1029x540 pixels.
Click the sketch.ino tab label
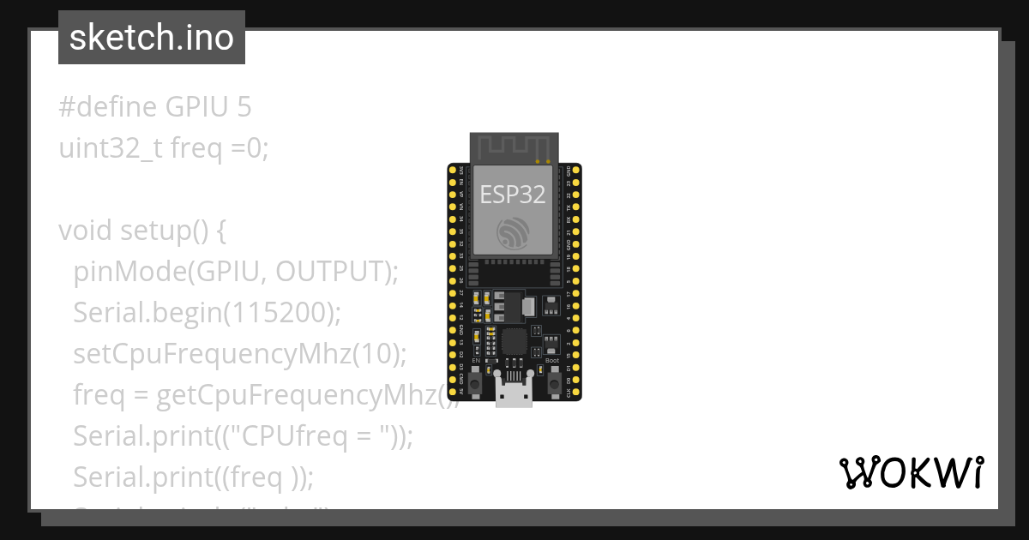point(152,38)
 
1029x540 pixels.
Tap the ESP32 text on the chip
point(513,195)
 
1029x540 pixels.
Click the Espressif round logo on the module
point(513,233)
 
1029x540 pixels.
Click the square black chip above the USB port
point(514,340)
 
